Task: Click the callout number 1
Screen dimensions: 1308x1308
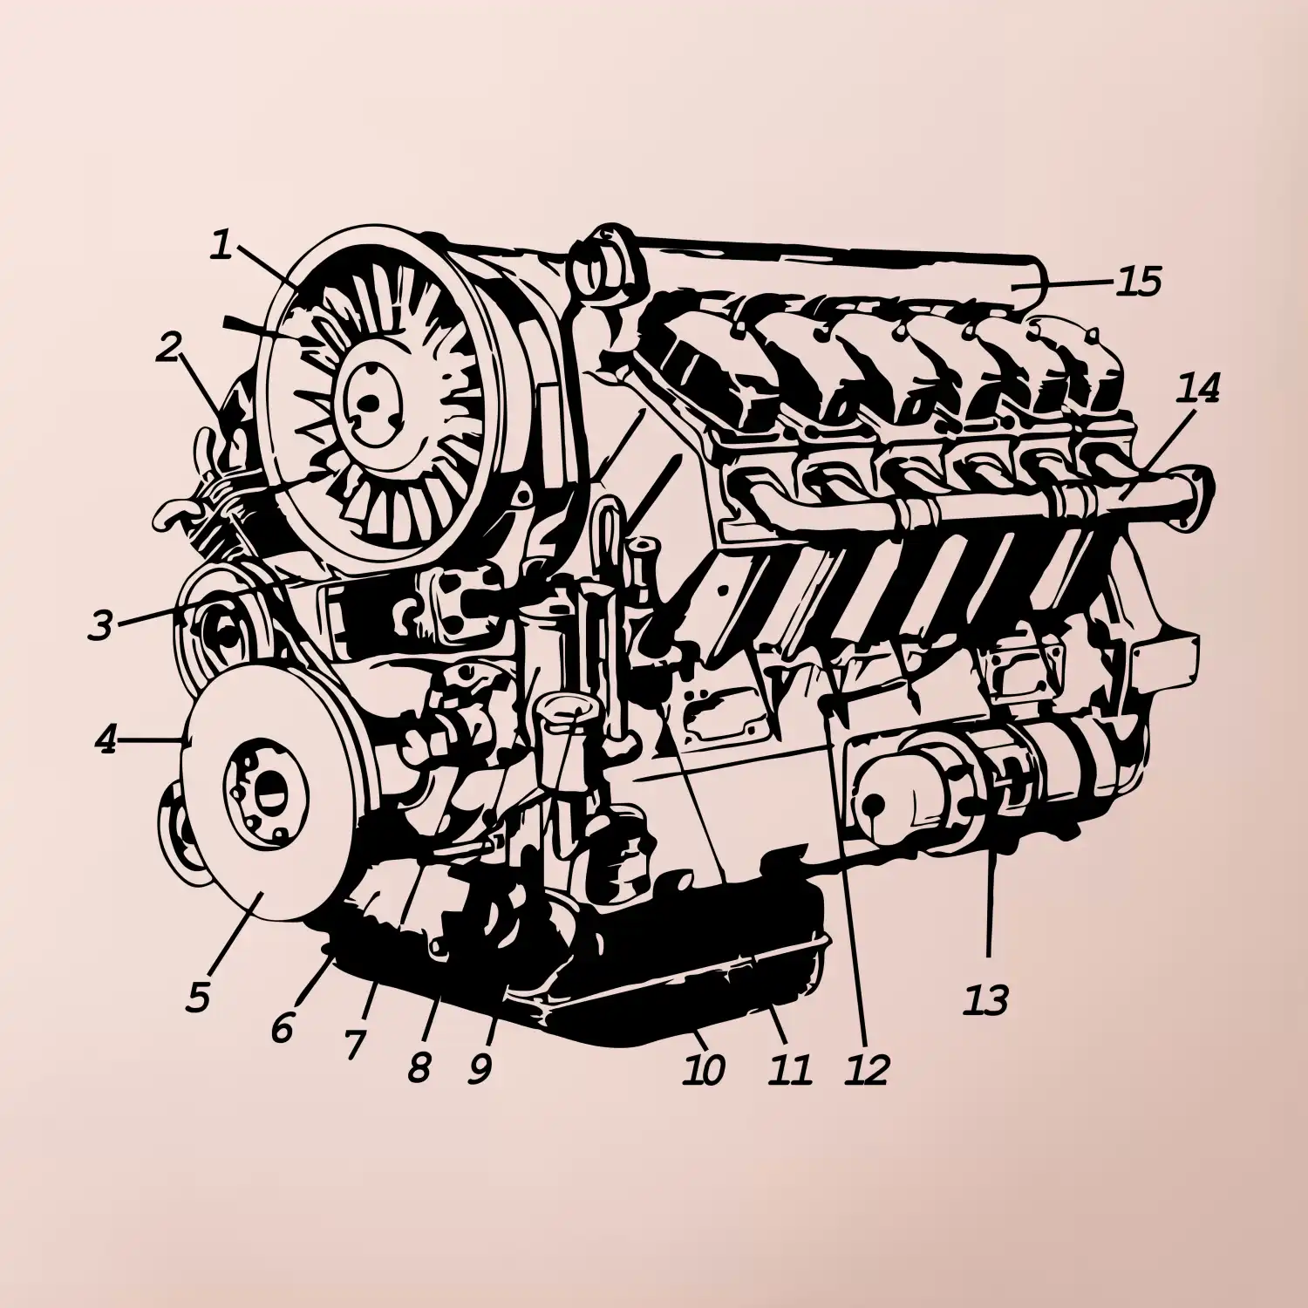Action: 222,245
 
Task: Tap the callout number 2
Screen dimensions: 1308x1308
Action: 169,346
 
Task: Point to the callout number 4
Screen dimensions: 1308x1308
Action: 106,740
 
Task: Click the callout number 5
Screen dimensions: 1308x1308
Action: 198,997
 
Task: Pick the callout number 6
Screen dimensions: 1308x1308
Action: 283,1028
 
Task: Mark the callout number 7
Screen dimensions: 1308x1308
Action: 352,1045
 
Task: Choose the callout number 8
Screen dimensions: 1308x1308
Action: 419,1066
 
